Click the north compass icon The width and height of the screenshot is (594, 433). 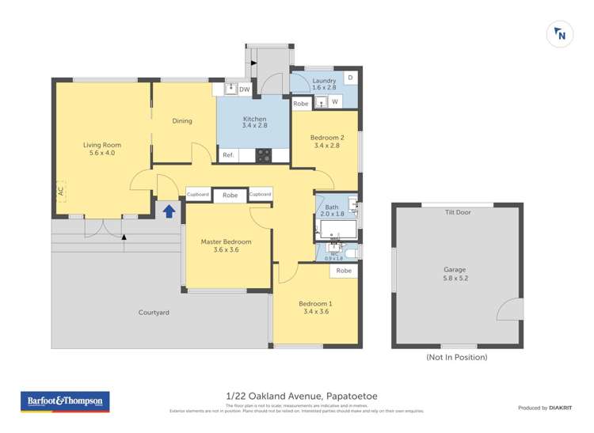tap(560, 34)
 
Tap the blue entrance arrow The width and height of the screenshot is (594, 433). tap(168, 210)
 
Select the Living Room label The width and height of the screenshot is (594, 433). tap(102, 149)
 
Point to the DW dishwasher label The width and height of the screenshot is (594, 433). tap(244, 89)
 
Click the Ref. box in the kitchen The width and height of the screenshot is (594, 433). tap(227, 155)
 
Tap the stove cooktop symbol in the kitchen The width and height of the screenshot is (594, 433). tap(264, 155)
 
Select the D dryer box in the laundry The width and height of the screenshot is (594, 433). tap(350, 78)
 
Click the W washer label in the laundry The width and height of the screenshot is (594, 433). tap(335, 102)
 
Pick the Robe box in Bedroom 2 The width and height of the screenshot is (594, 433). tap(301, 104)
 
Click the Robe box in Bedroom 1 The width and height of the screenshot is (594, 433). tap(344, 271)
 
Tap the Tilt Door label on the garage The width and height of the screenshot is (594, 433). tap(458, 212)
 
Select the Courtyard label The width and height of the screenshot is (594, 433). tap(154, 313)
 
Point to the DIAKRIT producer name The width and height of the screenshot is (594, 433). tap(563, 408)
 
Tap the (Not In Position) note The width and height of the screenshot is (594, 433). tap(456, 357)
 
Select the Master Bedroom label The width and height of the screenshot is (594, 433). tap(226, 245)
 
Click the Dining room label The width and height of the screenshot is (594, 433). tap(182, 121)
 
